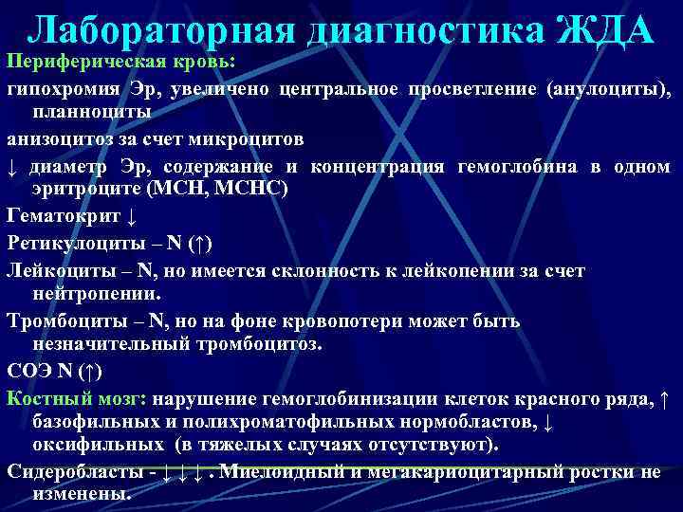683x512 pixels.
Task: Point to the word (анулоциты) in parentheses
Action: coord(609,90)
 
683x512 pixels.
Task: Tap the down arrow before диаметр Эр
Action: coord(12,165)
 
